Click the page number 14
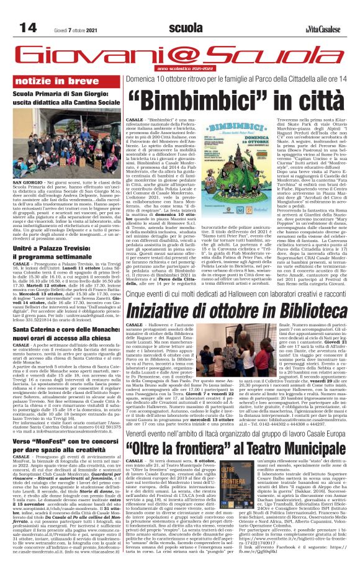point(28,29)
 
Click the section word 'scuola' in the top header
point(184,29)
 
